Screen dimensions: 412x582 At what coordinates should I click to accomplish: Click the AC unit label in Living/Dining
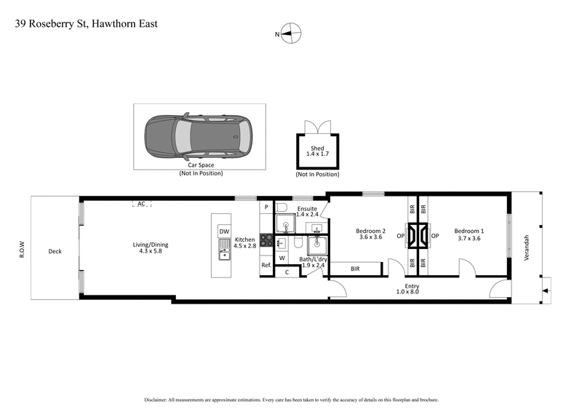click(x=142, y=205)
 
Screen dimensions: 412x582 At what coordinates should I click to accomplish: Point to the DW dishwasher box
click(x=224, y=231)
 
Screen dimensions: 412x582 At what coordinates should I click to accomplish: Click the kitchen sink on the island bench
click(x=224, y=253)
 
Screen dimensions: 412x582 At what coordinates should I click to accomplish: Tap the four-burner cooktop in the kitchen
click(x=266, y=240)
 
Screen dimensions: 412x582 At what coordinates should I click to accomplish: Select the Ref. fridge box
click(x=266, y=265)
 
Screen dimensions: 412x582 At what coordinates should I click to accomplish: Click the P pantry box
click(x=266, y=207)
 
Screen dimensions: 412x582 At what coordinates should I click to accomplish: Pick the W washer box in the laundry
click(x=282, y=258)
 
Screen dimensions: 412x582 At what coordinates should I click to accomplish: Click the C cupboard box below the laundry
click(x=287, y=272)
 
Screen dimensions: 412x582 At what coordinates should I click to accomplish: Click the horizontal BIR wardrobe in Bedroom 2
click(x=355, y=269)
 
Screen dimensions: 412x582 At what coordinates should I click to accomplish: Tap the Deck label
click(x=55, y=251)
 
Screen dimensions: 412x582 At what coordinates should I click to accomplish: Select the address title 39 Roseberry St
click(x=87, y=24)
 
